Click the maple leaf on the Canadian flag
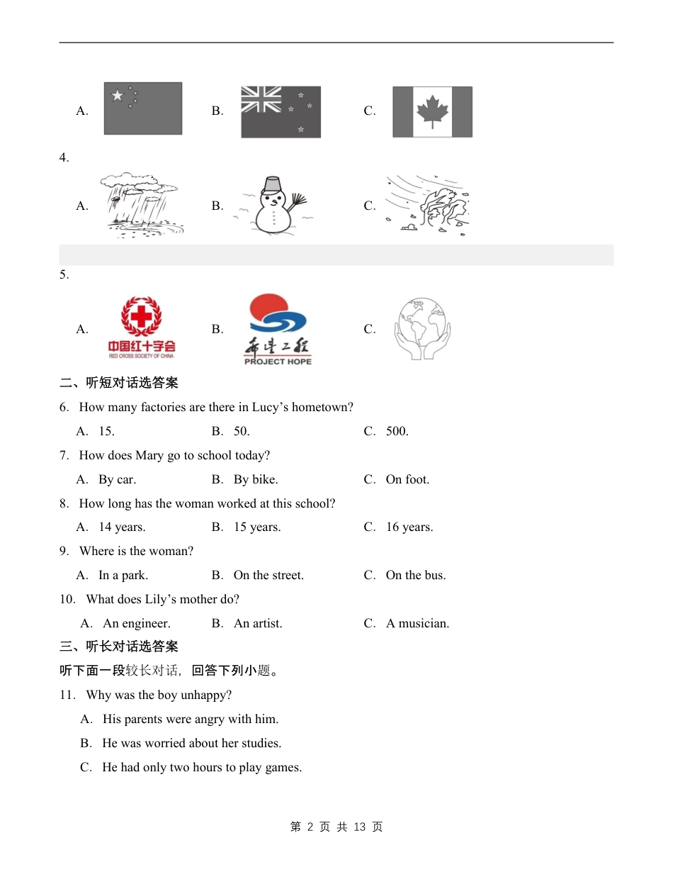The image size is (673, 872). pos(432,112)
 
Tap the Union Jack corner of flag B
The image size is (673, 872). pos(261,99)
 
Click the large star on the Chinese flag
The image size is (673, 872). pos(117,96)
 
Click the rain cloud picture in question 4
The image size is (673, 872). pos(142,205)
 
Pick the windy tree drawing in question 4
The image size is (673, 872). pos(427,206)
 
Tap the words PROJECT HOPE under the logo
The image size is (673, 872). pos(278,362)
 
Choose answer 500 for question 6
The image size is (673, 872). pos(397,431)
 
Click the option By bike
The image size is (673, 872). pos(255,479)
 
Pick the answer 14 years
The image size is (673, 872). pos(122,527)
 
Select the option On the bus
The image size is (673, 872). pos(415,575)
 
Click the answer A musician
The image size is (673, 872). pos(417,623)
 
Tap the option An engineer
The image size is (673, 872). pos(136,623)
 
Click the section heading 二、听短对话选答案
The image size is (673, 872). pos(118,383)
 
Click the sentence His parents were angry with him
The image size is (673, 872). pos(190,719)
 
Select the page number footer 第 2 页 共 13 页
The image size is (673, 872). pos(336,827)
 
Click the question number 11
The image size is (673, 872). pos(67,695)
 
